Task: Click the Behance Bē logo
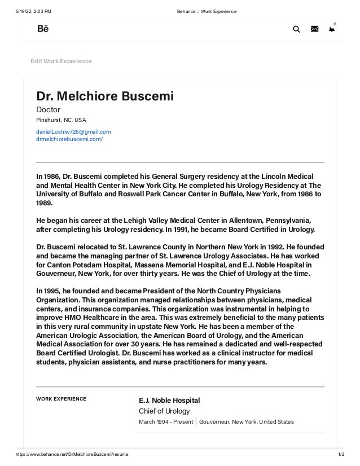coord(43,29)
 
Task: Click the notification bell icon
coord(332,30)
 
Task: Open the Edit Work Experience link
coord(61,61)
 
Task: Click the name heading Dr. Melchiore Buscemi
coord(105,96)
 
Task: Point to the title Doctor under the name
coord(48,109)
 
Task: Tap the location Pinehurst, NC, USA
coord(62,120)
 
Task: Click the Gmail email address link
coord(73,131)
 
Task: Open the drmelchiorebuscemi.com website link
coord(69,138)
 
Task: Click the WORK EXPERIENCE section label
coord(61,399)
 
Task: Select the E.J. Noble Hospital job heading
coord(169,401)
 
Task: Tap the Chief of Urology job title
coord(164,411)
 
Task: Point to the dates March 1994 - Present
coord(166,422)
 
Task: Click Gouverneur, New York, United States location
coord(247,422)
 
